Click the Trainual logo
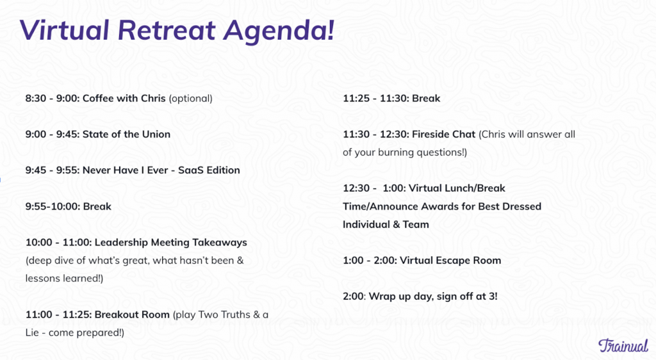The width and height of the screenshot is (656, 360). pos(622,345)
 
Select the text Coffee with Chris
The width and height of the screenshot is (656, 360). pos(124,99)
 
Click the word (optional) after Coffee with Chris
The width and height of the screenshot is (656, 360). pos(190,99)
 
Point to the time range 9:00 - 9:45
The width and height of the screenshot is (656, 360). pos(51,135)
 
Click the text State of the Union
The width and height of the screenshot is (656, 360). pos(126,135)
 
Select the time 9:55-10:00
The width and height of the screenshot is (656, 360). pos(52,206)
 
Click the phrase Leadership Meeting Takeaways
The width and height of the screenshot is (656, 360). pos(170,242)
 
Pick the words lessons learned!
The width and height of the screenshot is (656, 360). pos(63,278)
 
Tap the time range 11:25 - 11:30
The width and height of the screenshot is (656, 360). pos(375,99)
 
